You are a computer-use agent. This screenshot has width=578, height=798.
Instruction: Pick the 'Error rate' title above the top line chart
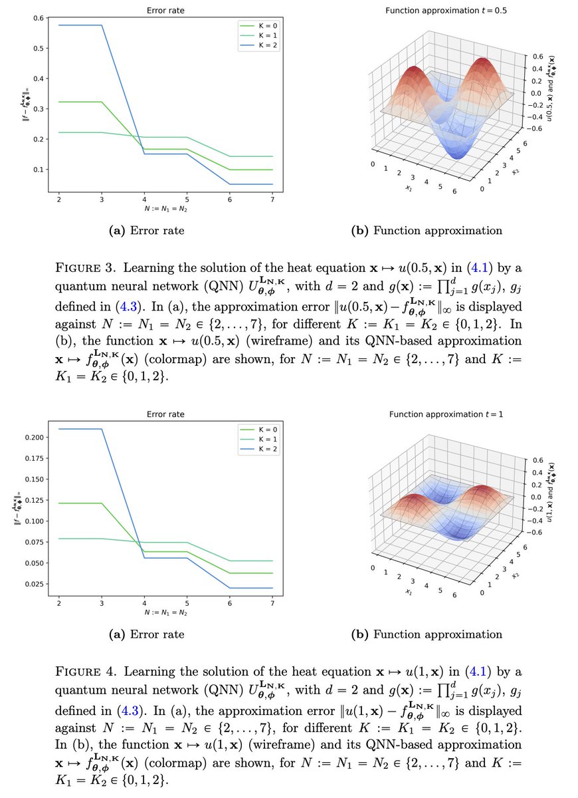pyautogui.click(x=165, y=11)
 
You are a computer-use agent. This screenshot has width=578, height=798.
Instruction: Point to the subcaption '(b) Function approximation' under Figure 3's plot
pyautogui.click(x=427, y=231)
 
